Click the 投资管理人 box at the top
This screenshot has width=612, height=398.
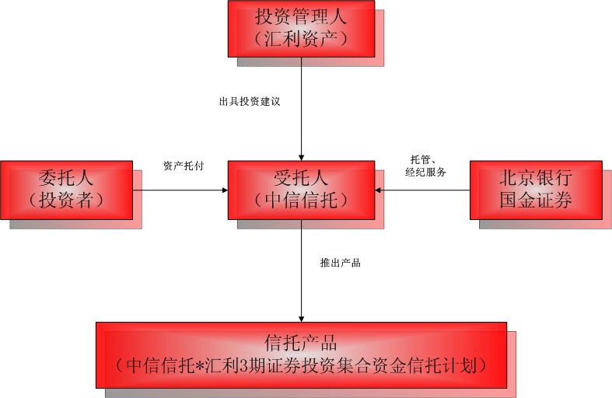point(301,29)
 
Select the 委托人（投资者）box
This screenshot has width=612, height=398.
point(67,190)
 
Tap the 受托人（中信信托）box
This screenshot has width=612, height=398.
point(301,190)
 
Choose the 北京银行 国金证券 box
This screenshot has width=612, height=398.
point(536,190)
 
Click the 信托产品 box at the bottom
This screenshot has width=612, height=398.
point(301,355)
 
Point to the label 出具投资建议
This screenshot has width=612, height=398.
point(250,102)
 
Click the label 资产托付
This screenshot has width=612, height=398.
point(184,166)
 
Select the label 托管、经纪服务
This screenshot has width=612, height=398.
point(425,166)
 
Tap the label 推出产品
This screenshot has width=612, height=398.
point(341,263)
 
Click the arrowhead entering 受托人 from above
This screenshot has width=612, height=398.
point(301,158)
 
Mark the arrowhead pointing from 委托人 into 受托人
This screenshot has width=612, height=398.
point(225,190)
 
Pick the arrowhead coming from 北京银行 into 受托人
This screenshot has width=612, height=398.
point(378,190)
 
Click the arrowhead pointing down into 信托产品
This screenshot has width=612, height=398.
point(301,319)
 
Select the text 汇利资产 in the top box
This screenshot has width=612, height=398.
point(300,39)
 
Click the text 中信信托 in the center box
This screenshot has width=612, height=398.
point(301,201)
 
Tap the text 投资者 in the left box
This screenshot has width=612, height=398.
point(66,201)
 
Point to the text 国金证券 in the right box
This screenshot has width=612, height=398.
point(536,200)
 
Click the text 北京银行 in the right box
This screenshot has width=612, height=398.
point(536,178)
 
